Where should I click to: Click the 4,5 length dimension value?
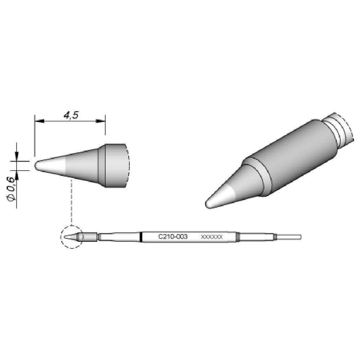(x=71, y=116)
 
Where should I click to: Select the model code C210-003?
(x=171, y=237)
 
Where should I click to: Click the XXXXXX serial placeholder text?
(x=212, y=237)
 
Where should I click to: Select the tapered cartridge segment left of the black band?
(x=119, y=237)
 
